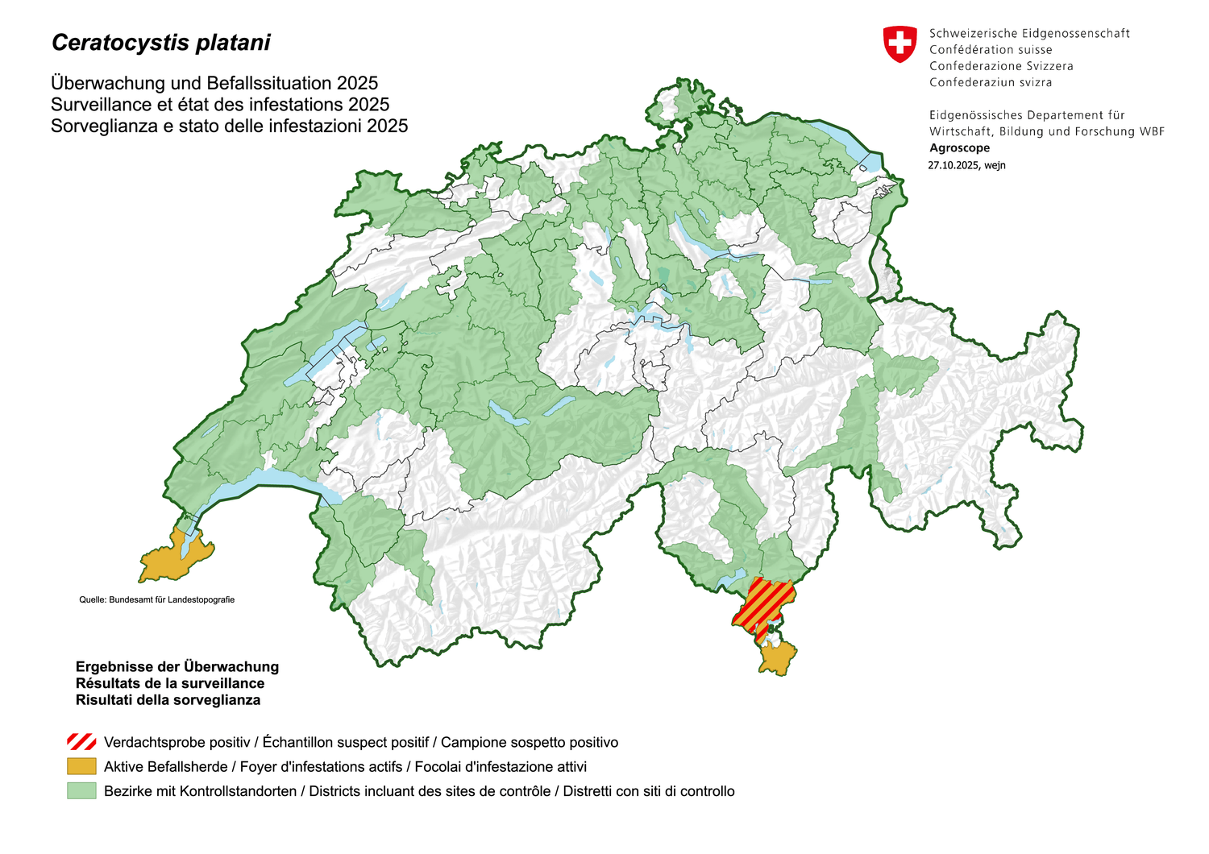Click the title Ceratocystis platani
coord(161,43)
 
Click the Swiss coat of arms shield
coord(899,44)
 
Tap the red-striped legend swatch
coord(81,742)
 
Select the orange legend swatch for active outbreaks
coord(81,766)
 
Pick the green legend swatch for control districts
coord(81,790)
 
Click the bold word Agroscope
coord(959,147)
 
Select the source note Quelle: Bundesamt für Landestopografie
coord(156,599)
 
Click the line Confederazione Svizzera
coord(1001,66)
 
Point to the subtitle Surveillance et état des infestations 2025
coord(220,105)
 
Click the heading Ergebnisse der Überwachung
coord(177,666)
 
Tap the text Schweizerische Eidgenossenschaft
coord(1029,33)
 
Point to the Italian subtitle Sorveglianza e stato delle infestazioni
coord(229,126)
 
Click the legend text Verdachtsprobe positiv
coord(177,742)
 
